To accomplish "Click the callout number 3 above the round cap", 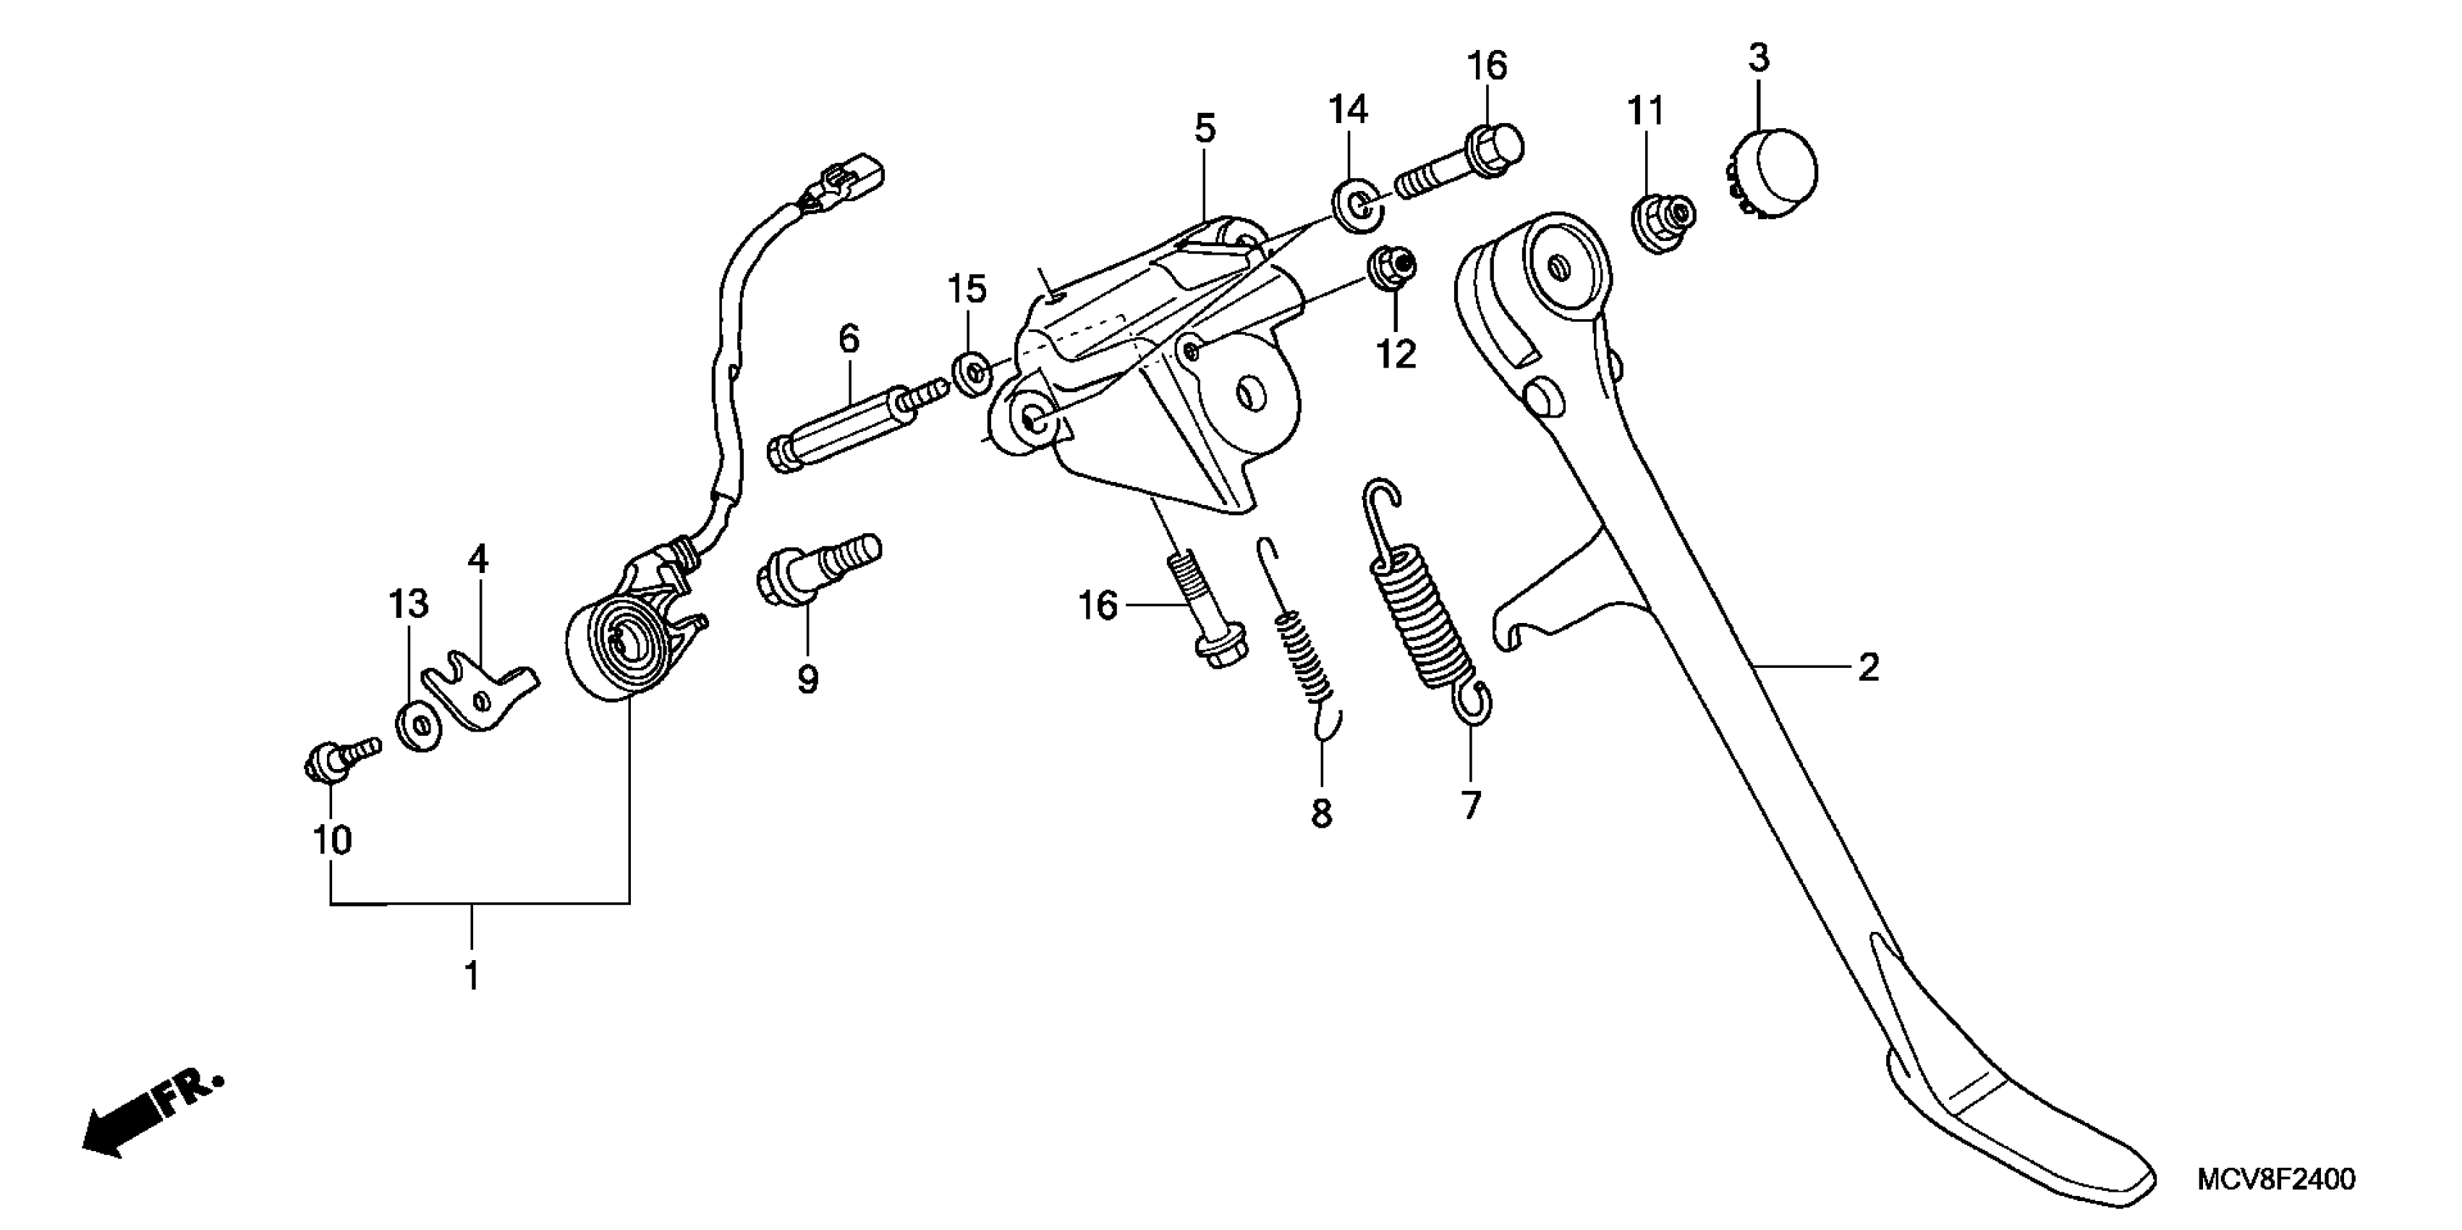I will pyautogui.click(x=1759, y=59).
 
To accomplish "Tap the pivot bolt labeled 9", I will pyautogui.click(x=817, y=569).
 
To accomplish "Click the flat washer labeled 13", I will pyautogui.click(x=417, y=726).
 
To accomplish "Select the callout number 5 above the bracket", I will pyautogui.click(x=1205, y=128).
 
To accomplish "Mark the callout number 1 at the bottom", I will pyautogui.click(x=471, y=977).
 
